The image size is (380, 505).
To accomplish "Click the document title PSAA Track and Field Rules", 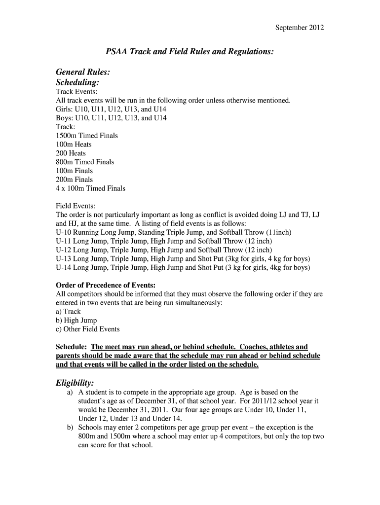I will coord(190,51).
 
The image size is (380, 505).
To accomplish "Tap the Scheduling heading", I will coord(77,82).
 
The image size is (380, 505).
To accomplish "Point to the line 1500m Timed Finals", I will coord(87,136).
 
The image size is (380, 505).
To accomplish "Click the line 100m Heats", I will coord(74,144).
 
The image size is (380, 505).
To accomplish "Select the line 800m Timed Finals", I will coord(85,162).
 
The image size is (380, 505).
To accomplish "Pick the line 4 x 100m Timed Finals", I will coord(90,188).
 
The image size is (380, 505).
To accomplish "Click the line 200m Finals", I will coord(74,180).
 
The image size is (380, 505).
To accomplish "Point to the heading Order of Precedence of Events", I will coord(106,285).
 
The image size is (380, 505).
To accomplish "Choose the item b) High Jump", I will coord(76,321).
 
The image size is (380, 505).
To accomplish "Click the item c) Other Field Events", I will coord(87,329).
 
